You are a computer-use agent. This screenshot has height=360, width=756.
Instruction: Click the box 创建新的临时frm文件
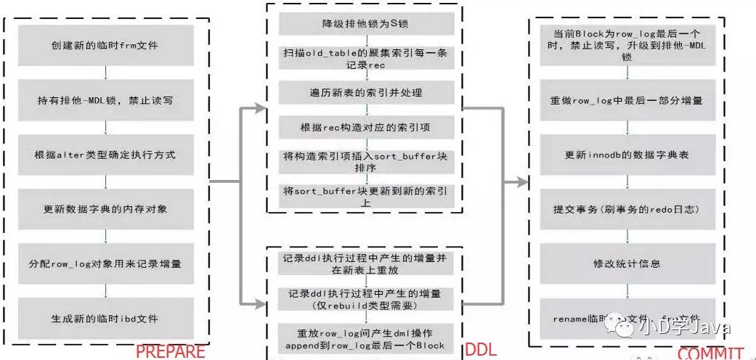click(106, 45)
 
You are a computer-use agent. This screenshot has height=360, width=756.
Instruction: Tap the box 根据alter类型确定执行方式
click(106, 155)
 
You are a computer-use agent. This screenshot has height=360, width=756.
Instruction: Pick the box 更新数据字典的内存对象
click(106, 210)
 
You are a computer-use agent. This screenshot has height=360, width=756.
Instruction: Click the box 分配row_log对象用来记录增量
click(106, 263)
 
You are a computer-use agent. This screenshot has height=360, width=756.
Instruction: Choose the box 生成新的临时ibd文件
click(106, 317)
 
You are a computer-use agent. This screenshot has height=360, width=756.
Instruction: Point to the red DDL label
click(481, 349)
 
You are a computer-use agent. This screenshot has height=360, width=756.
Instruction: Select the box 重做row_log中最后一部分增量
click(626, 101)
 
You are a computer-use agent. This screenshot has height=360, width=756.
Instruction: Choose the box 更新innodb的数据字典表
click(626, 155)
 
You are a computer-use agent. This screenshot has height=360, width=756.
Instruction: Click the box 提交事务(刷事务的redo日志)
click(626, 209)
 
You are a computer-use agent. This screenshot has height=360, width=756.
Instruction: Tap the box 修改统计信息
click(626, 263)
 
